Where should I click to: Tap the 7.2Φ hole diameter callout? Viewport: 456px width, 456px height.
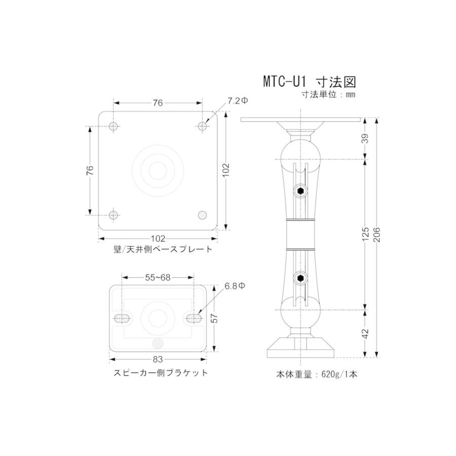click(237, 101)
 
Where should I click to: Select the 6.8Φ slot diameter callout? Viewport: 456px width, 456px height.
click(235, 286)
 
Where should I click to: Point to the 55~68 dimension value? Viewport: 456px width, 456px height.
click(158, 277)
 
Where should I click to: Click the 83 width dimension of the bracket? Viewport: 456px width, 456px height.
click(157, 360)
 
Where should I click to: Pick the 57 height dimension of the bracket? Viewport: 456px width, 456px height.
click(215, 318)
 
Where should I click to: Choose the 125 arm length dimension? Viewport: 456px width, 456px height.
click(366, 235)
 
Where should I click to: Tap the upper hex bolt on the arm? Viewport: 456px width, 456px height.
click(300, 191)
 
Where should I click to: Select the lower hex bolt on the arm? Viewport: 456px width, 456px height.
click(300, 278)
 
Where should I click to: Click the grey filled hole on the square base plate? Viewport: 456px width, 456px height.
click(202, 215)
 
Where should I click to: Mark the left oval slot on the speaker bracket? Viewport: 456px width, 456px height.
click(122, 318)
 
